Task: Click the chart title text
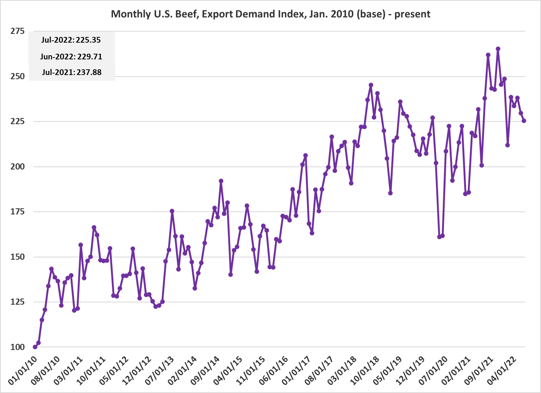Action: coord(270,14)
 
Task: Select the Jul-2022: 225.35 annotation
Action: coord(71,40)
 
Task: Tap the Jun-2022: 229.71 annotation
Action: coord(71,57)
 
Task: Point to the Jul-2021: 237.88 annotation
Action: coord(72,72)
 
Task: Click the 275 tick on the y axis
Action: coord(17,31)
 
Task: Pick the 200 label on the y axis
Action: coord(17,167)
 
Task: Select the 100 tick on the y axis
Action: coord(17,347)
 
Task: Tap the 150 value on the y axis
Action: coord(17,257)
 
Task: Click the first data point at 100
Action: coord(35,347)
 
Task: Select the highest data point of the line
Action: coord(498,49)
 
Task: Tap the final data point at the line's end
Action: coord(524,121)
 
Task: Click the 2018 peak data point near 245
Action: coord(371,85)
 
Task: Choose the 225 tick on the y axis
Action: coord(17,121)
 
